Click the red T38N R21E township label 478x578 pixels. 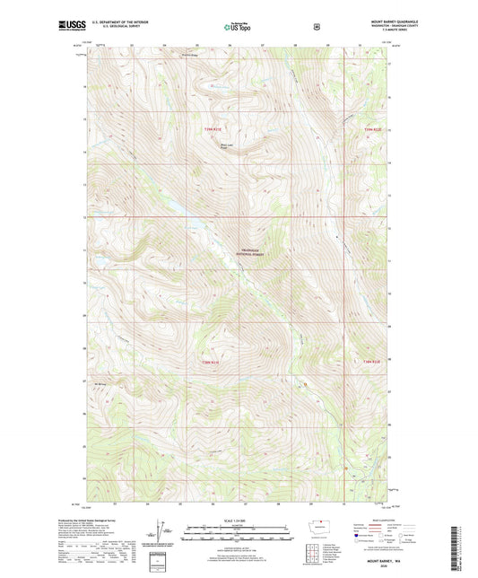click(210, 362)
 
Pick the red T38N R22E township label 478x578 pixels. click(372, 362)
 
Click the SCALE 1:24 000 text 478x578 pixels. click(238, 523)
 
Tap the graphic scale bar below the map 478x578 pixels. click(238, 538)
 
